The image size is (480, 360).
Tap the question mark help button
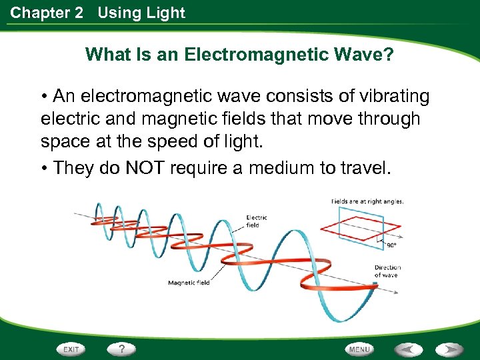pos(122,349)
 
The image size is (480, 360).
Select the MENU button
pos(359,349)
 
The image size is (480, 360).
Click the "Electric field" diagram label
pos(257,221)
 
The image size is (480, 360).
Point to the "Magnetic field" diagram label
pos(189,283)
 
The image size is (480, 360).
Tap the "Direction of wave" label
pos(387,271)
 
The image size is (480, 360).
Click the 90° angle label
pos(391,245)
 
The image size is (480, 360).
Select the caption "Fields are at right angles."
pos(367,201)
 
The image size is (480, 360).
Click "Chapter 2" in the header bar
pos(47,13)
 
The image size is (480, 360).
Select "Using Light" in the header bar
pos(141,13)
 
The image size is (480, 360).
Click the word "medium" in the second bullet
pos(283,167)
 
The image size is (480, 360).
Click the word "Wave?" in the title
pos(373,55)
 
